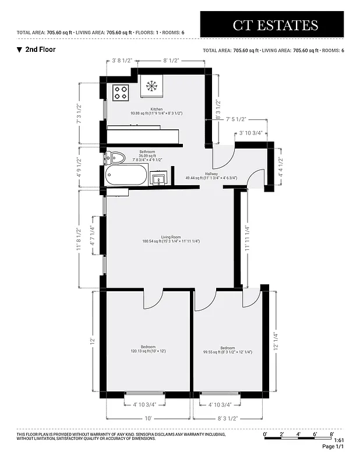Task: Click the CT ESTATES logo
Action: [x=276, y=24]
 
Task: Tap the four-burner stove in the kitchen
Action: [x=121, y=91]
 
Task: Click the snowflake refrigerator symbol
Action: [x=152, y=86]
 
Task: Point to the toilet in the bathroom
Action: [x=115, y=157]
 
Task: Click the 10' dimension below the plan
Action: [x=148, y=418]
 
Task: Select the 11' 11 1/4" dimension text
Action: [x=247, y=238]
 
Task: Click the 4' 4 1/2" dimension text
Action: [x=281, y=167]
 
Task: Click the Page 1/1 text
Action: [x=333, y=447]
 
